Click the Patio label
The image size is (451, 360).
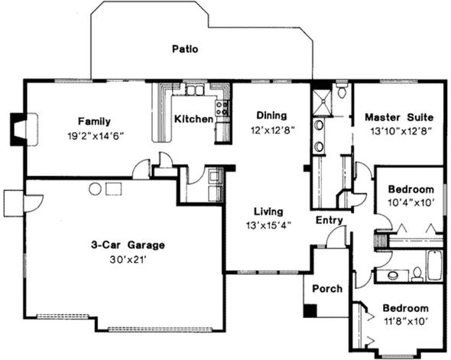[185, 49]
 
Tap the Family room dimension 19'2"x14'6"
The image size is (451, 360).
[96, 135]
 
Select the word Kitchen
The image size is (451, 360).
[194, 118]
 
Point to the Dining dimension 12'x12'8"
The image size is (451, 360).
[272, 131]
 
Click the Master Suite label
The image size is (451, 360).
[399, 117]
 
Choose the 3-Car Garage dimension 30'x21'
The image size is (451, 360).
[128, 260]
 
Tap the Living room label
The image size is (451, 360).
[268, 212]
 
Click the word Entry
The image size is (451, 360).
[329, 220]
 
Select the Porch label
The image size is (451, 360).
[327, 288]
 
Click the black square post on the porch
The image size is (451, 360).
[310, 311]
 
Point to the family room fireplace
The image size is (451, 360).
[18, 129]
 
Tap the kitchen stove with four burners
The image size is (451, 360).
[222, 108]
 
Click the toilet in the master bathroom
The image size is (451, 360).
[342, 90]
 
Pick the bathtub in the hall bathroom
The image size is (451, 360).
[434, 265]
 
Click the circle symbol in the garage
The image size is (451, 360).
[95, 190]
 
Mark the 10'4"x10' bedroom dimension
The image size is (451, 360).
[410, 203]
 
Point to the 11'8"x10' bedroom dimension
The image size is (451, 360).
[404, 321]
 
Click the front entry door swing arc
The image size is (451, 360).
[333, 232]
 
